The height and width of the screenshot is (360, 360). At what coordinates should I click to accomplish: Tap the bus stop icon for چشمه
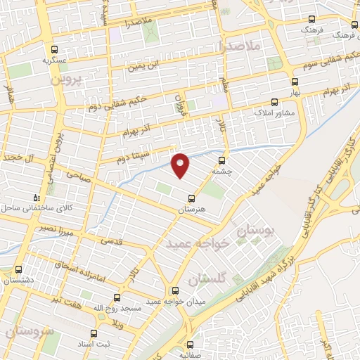click(222, 160)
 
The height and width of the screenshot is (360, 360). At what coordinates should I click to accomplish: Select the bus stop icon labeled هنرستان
click(188, 198)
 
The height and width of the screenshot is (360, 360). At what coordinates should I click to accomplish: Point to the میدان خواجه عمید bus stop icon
click(175, 290)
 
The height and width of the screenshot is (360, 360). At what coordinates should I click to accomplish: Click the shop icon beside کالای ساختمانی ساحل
click(37, 179)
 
